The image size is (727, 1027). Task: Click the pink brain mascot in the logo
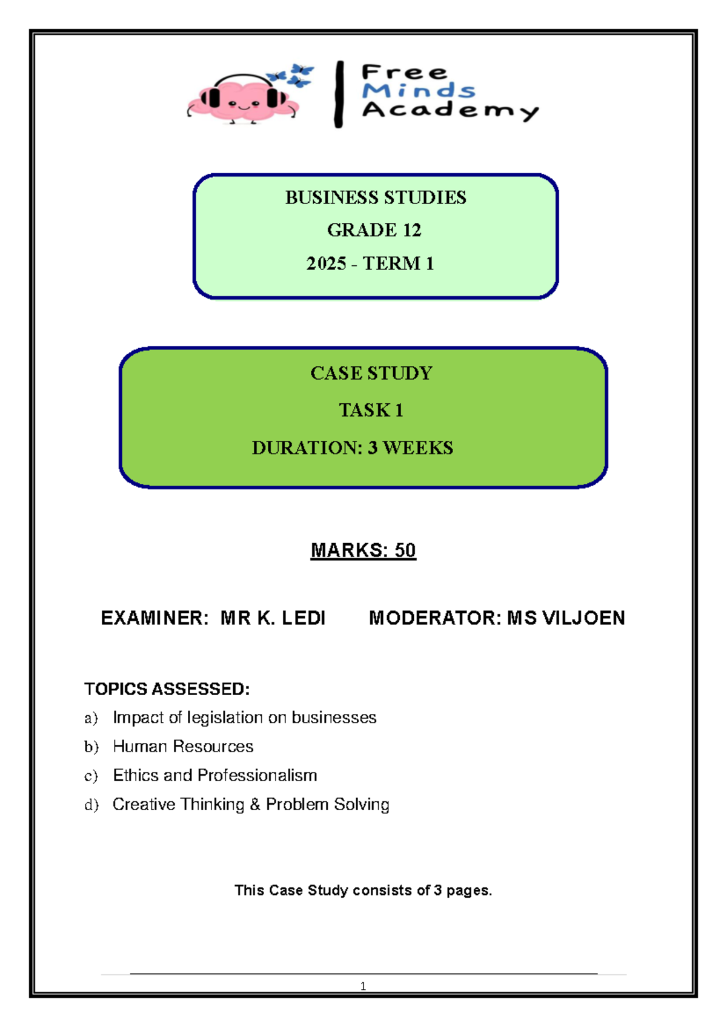tap(243, 99)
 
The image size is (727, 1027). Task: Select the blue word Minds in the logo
tap(419, 90)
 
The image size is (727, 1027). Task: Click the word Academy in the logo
tap(450, 111)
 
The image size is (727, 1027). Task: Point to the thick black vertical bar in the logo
tap(339, 94)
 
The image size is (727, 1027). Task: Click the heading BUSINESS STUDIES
tap(376, 197)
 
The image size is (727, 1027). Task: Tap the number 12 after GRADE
tap(412, 230)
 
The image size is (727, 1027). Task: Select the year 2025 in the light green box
tap(326, 263)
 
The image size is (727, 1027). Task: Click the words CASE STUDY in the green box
tap(371, 373)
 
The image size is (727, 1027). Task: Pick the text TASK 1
tap(371, 411)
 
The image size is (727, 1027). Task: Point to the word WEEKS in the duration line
tap(418, 448)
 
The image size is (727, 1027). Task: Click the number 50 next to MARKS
tap(405, 550)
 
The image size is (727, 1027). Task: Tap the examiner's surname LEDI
tap(303, 618)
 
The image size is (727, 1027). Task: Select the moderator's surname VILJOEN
tap(584, 618)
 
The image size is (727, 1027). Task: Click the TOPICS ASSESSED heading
tap(167, 689)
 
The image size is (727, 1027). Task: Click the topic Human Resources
tap(183, 747)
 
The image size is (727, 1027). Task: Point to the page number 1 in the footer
tap(363, 986)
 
